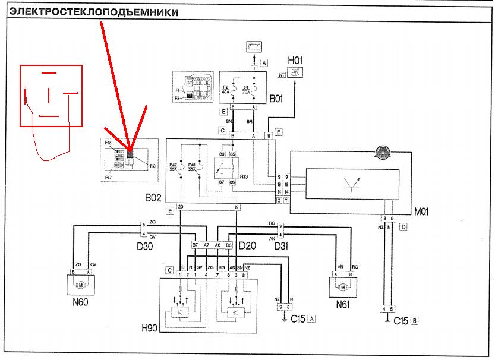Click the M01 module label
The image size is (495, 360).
click(x=421, y=211)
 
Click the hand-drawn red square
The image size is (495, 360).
click(x=51, y=96)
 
